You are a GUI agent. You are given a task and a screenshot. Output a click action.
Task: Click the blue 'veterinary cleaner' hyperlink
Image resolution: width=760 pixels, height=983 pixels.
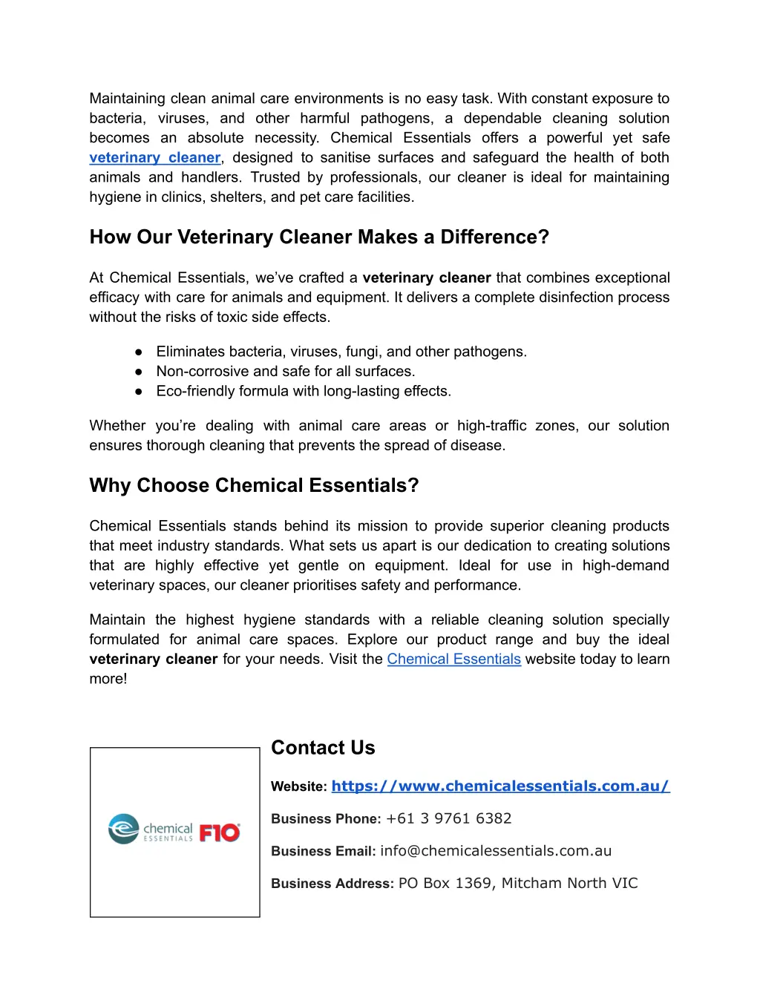(x=155, y=157)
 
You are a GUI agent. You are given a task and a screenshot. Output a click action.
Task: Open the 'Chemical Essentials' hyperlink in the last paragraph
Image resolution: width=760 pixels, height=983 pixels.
(x=453, y=659)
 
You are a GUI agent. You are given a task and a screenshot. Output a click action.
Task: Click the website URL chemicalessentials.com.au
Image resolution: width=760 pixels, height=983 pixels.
(x=500, y=786)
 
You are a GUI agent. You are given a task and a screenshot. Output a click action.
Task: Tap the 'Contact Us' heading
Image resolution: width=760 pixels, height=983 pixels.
(x=323, y=747)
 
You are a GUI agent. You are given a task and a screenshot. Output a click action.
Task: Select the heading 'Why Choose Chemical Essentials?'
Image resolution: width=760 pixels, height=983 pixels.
(x=254, y=485)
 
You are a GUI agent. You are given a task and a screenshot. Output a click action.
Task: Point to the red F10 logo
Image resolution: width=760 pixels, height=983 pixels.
(x=220, y=832)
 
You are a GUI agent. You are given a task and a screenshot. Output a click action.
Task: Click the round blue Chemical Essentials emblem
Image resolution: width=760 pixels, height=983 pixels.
(x=123, y=829)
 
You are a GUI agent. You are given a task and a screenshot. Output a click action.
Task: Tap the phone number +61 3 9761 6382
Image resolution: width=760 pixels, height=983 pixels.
(x=448, y=818)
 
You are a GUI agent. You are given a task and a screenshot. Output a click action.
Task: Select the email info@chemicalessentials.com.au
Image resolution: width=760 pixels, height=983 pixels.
(x=496, y=851)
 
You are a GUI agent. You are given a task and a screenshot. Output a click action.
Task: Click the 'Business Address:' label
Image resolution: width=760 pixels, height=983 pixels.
(x=332, y=884)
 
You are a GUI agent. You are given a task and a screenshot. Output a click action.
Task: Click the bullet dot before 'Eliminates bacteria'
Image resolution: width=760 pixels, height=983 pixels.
(x=138, y=352)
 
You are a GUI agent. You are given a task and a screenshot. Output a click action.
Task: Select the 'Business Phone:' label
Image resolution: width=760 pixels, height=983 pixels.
(x=326, y=819)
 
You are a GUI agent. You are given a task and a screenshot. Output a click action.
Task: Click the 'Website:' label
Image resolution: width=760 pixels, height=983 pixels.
(x=298, y=786)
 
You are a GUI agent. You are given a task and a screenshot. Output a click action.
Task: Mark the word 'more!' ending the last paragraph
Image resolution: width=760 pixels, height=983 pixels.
(x=108, y=679)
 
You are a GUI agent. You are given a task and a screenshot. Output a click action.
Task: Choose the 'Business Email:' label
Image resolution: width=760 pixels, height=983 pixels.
(x=323, y=852)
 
